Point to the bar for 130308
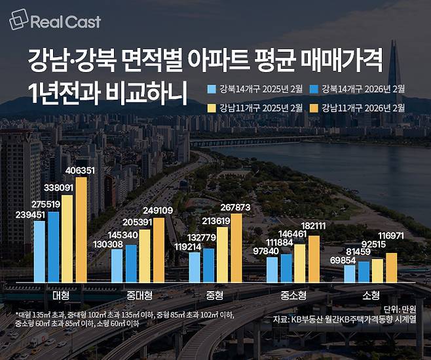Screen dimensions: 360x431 [117, 264]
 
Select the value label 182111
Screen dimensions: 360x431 [313, 227]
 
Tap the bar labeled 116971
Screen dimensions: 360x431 [392, 267]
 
